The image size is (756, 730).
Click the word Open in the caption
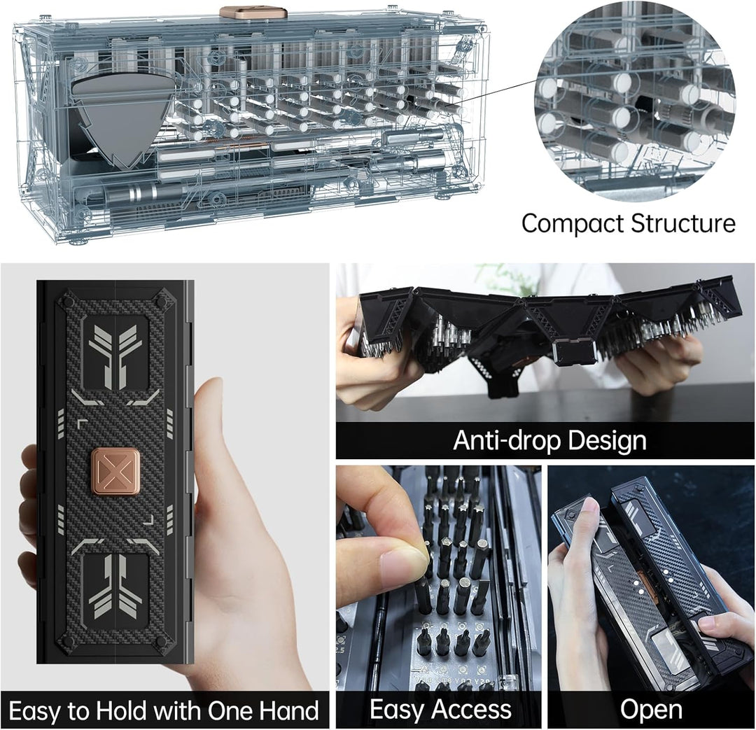pyautogui.click(x=651, y=710)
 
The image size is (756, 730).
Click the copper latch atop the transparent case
pyautogui.click(x=246, y=12)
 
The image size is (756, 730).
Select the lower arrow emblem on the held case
pyautogui.click(x=116, y=588)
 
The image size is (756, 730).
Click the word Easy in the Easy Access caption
pyautogui.click(x=395, y=710)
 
